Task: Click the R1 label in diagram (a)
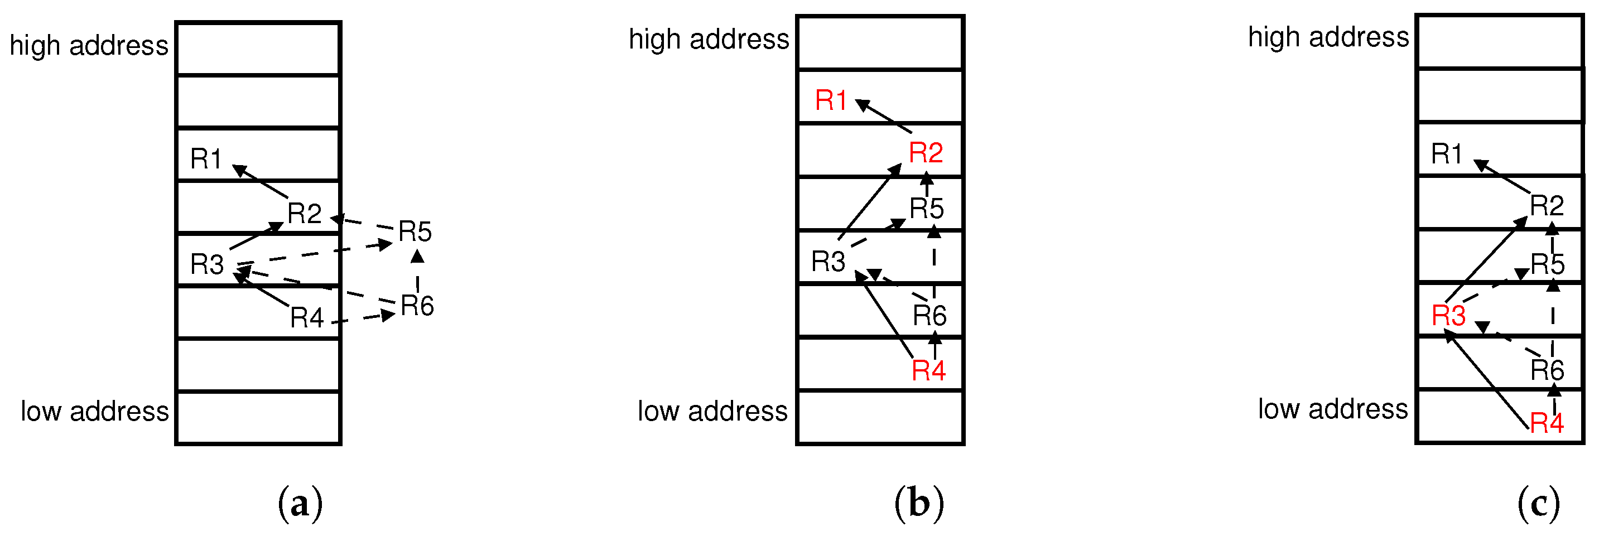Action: coord(205,159)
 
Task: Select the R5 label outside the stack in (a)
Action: coord(415,232)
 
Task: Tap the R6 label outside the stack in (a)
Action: coord(417,306)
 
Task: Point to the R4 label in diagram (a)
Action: coord(307,317)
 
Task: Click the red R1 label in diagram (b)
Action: coord(831,100)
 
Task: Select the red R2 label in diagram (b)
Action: coord(926,153)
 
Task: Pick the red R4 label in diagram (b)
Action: coord(928,371)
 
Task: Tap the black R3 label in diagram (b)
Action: coord(828,262)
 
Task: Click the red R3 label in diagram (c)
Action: coord(1448,316)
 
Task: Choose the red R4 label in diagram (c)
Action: coord(1546,424)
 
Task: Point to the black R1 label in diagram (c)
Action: coord(1446,154)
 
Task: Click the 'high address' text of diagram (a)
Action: coord(89,46)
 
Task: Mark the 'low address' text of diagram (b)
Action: coord(712,411)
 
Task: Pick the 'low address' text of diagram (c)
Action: coord(1333,409)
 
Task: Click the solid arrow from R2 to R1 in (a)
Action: coord(261,181)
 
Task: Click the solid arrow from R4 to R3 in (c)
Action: coord(1487,380)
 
